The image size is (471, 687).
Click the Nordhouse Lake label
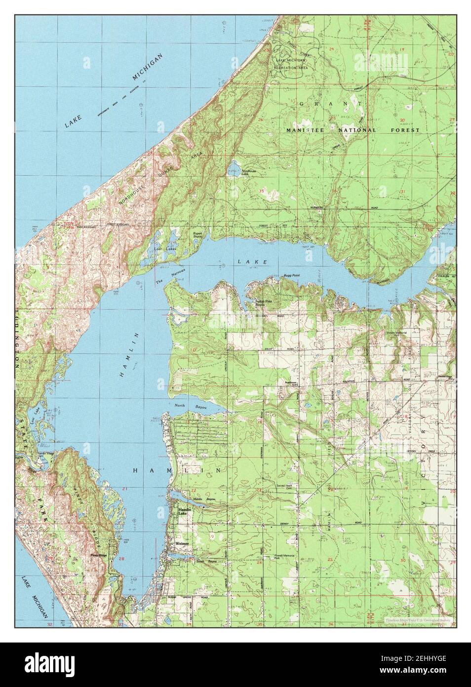coord(248,173)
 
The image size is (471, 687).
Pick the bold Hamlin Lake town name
coord(183,512)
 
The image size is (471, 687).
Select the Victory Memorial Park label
coord(403,332)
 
